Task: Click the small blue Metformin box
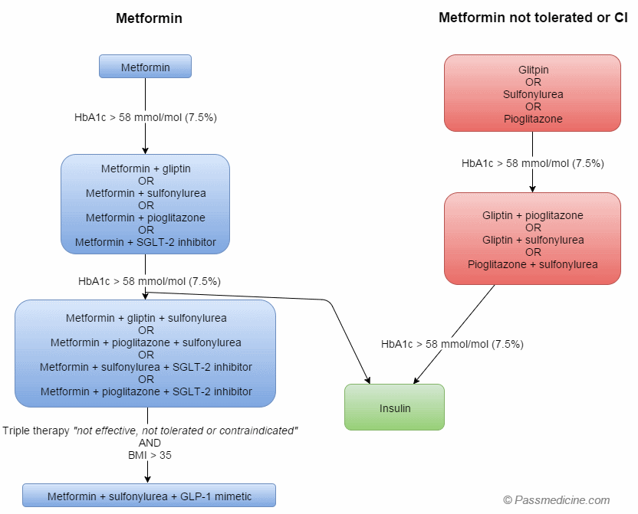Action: coord(145,67)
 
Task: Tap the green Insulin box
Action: coord(394,408)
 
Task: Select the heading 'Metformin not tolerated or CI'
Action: coord(533,18)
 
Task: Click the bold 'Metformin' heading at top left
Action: coord(149,18)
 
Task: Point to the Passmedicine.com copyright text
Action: coord(556,500)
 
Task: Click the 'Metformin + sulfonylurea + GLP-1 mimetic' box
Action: coord(149,496)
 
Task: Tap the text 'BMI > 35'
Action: coord(150,455)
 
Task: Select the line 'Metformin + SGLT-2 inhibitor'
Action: coord(145,242)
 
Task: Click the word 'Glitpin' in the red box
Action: coord(533,70)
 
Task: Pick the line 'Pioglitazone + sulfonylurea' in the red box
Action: coord(533,265)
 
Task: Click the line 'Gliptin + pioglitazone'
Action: coord(533,215)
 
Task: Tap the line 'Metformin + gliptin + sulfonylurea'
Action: coord(146,318)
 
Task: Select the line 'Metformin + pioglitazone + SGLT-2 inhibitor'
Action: coord(146,391)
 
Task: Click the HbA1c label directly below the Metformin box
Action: coord(145,117)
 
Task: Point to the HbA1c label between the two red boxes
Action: coord(533,163)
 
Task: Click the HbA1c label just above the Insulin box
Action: coord(452,344)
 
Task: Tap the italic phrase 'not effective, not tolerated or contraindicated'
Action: coord(186,431)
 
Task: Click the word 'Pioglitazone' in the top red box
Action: coord(533,119)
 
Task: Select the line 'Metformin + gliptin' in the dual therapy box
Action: coord(145,169)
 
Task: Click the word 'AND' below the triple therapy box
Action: coord(150,443)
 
